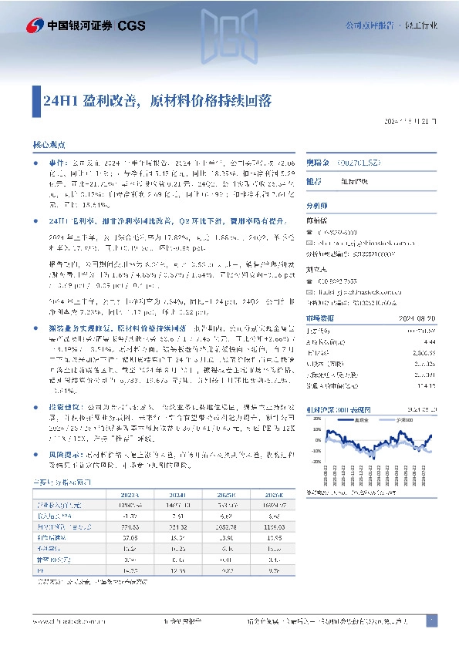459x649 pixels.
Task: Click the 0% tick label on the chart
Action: point(315,439)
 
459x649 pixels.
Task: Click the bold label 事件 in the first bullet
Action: point(57,165)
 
